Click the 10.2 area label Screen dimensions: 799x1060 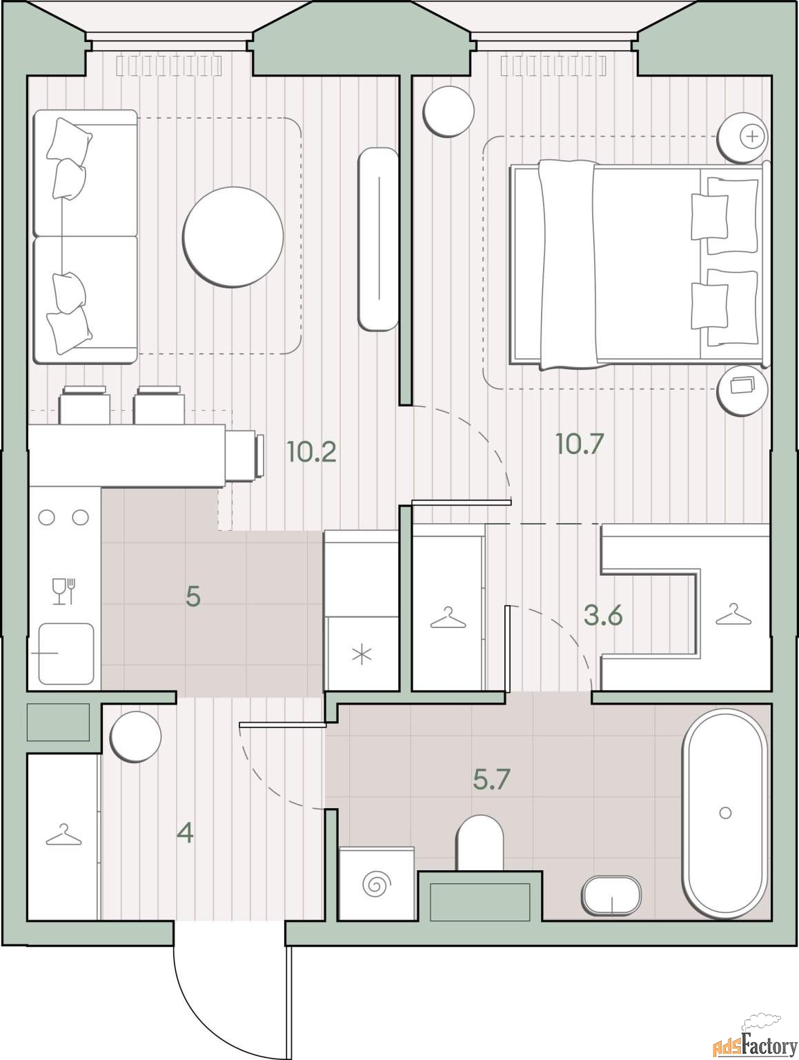point(311,452)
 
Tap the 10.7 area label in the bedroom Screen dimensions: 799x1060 point(580,443)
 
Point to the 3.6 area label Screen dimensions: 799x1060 point(603,616)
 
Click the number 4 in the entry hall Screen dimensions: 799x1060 point(186,833)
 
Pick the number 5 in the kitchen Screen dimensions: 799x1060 point(193,597)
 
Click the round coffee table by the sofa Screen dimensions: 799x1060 point(233,237)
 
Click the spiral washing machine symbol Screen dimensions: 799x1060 point(377,883)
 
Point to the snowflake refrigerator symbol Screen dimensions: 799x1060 point(362,656)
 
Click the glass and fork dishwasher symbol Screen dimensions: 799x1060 point(63,591)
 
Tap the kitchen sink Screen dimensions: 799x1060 point(66,654)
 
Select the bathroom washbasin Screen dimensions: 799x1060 point(611,895)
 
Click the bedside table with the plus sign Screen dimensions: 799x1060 point(742,137)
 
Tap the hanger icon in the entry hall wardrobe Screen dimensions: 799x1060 point(63,835)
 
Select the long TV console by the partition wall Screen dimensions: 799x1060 point(378,239)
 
